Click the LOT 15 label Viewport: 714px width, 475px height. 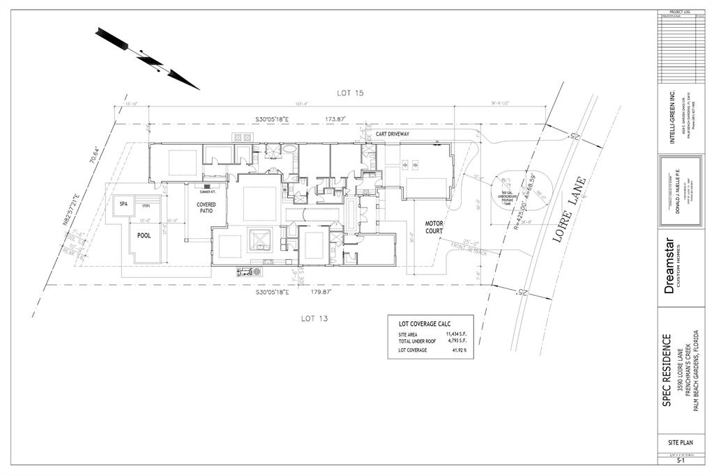(x=351, y=93)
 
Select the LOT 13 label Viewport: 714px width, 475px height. (x=314, y=318)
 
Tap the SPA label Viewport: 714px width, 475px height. (x=123, y=204)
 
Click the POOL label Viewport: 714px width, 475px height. (x=144, y=235)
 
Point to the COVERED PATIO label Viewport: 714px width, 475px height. (x=206, y=208)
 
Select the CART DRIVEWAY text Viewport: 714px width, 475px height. (x=392, y=133)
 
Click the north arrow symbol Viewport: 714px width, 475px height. (x=148, y=59)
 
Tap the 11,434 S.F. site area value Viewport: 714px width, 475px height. (x=457, y=334)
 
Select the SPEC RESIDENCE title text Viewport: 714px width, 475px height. (x=667, y=370)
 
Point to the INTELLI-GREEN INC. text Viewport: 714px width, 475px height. (x=672, y=116)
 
